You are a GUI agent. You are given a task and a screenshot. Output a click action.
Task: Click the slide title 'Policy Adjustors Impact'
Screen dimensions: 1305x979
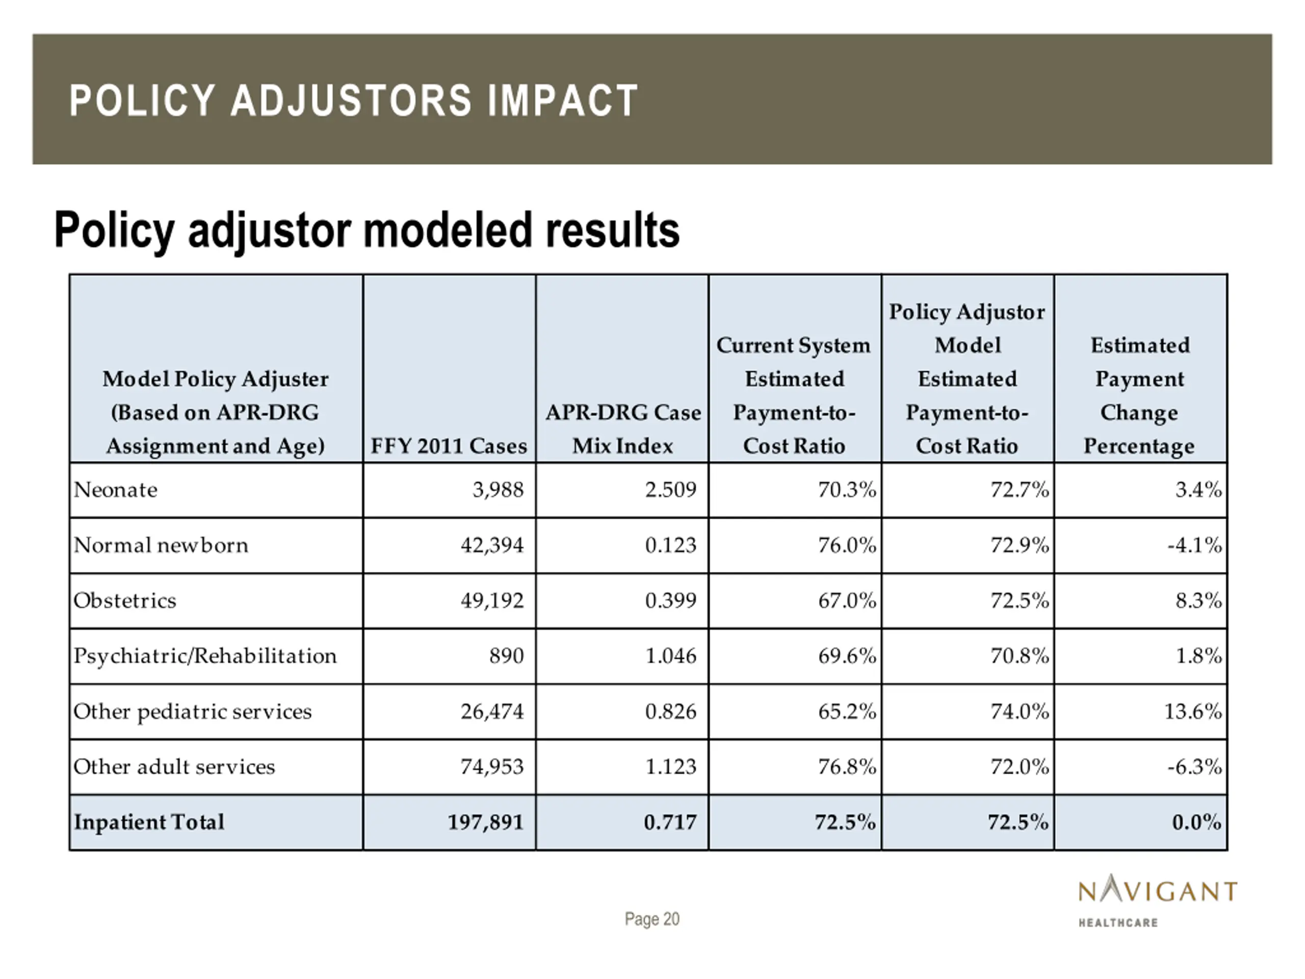[x=353, y=100]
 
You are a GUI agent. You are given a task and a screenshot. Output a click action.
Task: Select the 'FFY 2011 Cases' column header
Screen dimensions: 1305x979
[x=449, y=446]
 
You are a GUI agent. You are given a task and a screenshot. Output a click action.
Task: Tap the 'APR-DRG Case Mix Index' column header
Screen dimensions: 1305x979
[x=623, y=429]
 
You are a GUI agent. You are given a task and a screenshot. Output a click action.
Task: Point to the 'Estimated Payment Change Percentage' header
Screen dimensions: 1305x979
[x=1140, y=395]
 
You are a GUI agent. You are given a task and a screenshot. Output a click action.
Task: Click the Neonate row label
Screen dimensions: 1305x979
[x=116, y=490]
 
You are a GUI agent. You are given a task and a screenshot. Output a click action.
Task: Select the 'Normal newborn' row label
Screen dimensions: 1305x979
[x=161, y=545]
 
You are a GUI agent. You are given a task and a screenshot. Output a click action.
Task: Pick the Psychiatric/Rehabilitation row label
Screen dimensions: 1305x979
[x=205, y=656]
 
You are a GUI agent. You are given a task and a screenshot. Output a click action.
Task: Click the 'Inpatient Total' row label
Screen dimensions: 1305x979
[x=149, y=822]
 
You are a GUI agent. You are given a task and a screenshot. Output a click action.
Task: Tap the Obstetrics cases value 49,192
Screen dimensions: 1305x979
[x=492, y=601]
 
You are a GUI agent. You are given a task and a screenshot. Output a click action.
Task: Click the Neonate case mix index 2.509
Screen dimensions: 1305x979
[x=671, y=490]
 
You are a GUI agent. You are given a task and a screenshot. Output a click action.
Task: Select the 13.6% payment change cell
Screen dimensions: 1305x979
[x=1192, y=712]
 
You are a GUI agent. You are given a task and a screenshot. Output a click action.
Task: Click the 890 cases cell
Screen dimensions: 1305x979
[x=506, y=656]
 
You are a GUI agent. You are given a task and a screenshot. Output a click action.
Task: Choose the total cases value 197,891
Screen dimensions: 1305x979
[x=485, y=822]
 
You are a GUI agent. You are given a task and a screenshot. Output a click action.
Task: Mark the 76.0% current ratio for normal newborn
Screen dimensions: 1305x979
[x=847, y=545]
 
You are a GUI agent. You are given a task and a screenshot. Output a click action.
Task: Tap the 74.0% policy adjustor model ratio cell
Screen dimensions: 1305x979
[x=1020, y=712]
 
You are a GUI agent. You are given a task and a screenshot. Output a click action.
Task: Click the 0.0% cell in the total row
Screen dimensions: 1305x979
[x=1196, y=822]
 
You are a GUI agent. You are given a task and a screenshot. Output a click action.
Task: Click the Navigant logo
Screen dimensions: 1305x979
[x=1158, y=900]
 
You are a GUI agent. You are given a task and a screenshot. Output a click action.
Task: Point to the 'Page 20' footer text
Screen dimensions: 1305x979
[x=652, y=919]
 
